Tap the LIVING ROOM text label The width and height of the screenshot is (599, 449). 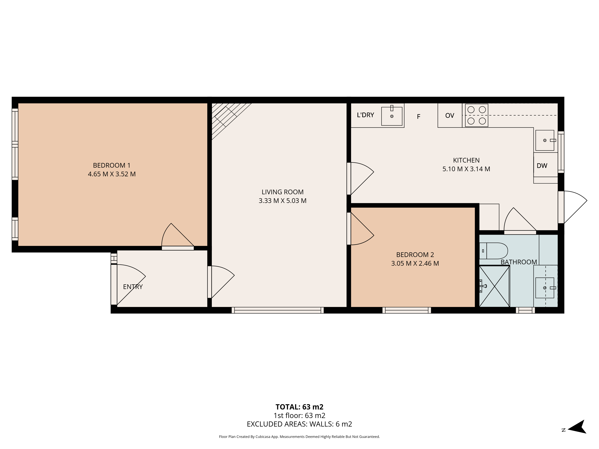click(282, 192)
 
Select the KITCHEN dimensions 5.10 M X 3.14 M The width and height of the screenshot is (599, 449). click(466, 169)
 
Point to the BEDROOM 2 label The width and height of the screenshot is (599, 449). click(415, 255)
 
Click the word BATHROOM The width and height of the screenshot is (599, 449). click(519, 262)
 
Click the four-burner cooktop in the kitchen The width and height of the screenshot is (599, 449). click(477, 115)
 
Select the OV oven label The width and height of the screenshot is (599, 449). click(450, 116)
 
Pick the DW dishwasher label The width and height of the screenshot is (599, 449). click(542, 166)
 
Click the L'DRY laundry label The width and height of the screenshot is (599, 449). click(365, 115)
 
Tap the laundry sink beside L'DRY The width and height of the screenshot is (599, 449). click(392, 116)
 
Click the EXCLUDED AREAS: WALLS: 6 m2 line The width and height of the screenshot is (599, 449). click(299, 424)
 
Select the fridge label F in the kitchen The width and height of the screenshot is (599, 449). click(418, 117)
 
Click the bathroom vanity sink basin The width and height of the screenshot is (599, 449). click(545, 288)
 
